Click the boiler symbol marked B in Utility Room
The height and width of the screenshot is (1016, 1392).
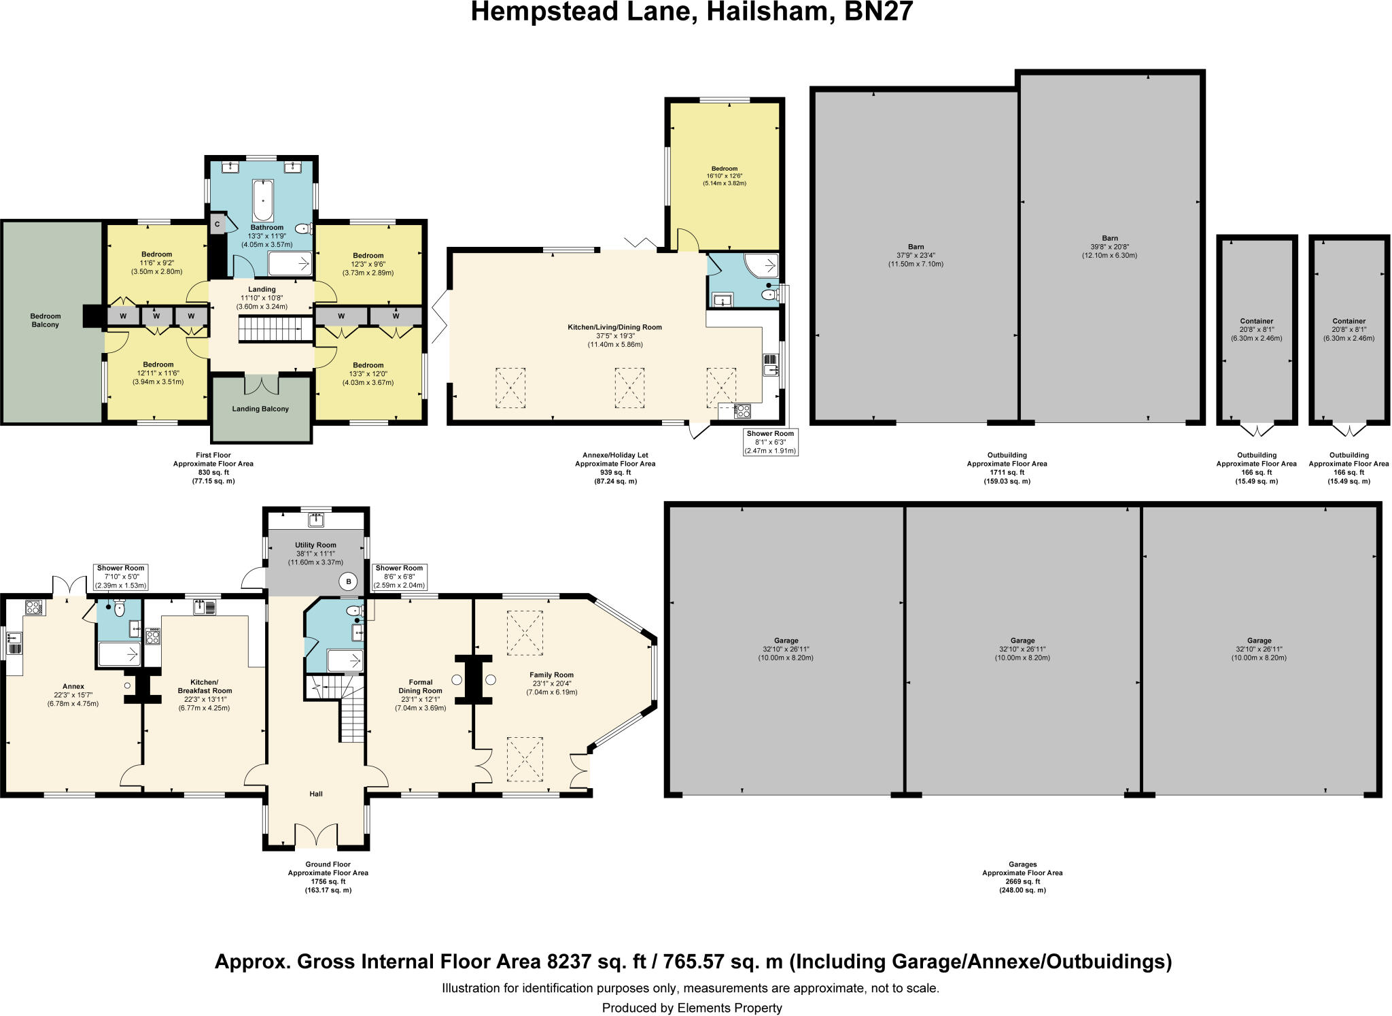349,581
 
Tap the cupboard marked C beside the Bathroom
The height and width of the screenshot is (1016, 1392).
217,224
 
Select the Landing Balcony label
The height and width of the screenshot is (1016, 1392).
260,409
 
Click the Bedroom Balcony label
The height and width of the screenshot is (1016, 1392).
46,320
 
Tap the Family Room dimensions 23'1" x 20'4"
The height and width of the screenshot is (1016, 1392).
551,692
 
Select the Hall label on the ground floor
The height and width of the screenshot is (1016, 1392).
316,794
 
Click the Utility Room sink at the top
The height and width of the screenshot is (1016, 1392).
316,520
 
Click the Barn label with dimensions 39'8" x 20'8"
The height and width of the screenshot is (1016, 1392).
1109,247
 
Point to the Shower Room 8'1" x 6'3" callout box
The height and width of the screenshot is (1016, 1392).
769,441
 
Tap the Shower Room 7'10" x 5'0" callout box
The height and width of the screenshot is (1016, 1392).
120,577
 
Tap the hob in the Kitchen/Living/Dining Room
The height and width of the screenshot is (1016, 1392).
742,411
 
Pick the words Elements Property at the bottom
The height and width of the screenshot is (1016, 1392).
729,1008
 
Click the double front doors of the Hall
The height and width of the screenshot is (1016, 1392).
316,835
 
